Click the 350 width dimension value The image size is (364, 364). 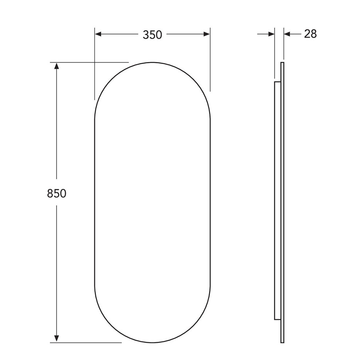(x=152, y=35)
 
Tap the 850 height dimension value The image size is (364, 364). (x=57, y=193)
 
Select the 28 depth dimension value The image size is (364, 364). (x=310, y=34)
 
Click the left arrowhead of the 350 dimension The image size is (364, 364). (x=98, y=34)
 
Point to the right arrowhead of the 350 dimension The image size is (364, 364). (x=207, y=34)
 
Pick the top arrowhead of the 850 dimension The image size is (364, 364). (x=56, y=66)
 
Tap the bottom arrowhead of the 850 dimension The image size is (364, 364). (x=56, y=339)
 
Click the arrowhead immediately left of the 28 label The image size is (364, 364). (x=288, y=34)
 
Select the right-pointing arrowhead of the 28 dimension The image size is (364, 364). (x=272, y=34)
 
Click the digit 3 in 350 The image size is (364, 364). (x=146, y=35)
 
